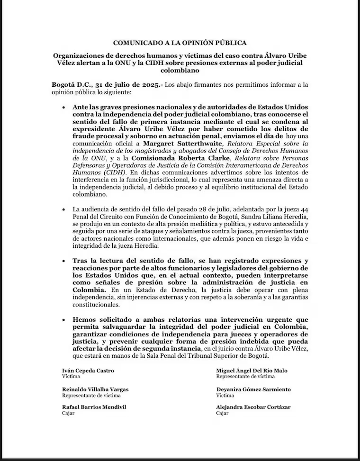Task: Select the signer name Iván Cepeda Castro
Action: (x=88, y=371)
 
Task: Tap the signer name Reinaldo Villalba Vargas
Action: (x=95, y=389)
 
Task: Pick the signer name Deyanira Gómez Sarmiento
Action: (x=253, y=389)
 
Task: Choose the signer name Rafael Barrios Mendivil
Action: (x=94, y=407)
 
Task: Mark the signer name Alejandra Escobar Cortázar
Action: (x=253, y=407)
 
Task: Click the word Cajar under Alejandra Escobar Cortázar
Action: (x=222, y=413)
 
